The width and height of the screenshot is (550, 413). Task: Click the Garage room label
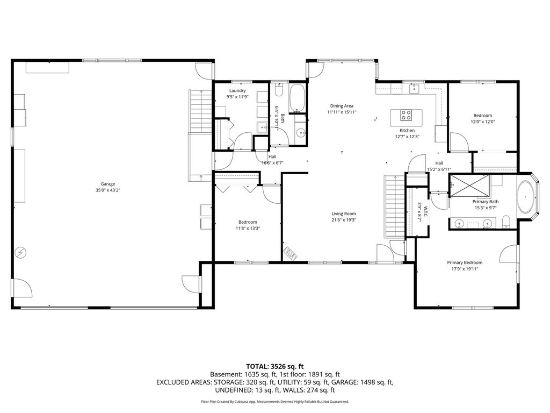pos(107,184)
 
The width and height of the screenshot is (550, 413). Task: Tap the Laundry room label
pos(237,90)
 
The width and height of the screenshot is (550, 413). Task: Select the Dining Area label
pos(342,106)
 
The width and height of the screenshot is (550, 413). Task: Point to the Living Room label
pos(344,213)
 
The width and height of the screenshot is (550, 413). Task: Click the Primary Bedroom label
pos(465,262)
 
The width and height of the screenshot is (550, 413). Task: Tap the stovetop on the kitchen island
pos(406,115)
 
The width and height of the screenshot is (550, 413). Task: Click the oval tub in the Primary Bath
pos(525,197)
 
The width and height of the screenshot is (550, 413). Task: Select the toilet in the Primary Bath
pos(506,222)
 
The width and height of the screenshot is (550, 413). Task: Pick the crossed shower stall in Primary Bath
pos(470,184)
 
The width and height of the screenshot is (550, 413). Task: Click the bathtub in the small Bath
pos(298,97)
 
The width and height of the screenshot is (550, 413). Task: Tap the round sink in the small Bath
pos(301,133)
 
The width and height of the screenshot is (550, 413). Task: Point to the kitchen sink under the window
pos(414,88)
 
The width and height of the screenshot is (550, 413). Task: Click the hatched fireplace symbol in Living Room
pos(291,254)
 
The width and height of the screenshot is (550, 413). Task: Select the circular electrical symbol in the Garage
pos(21,253)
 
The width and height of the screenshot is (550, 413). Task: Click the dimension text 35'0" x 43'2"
pos(107,190)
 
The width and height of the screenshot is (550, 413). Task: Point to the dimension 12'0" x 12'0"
pos(483,122)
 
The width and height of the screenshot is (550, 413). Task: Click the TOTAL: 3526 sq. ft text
pos(274,367)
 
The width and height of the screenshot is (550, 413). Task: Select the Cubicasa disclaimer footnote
pos(274,401)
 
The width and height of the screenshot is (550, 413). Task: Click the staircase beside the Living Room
pos(395,206)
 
